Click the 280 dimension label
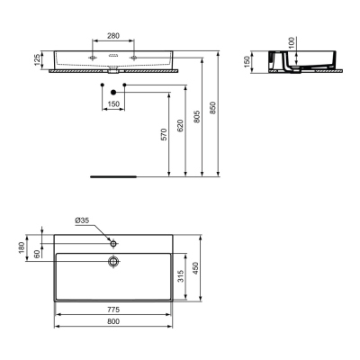pos(113,36)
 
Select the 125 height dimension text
pos(37,60)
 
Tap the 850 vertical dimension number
pos(212,108)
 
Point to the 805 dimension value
pos(197,116)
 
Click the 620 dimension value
pos(180,126)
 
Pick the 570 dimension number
pos(164,135)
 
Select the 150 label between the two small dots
pos(113,104)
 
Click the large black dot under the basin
pos(113,92)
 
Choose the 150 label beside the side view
pos(247,62)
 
